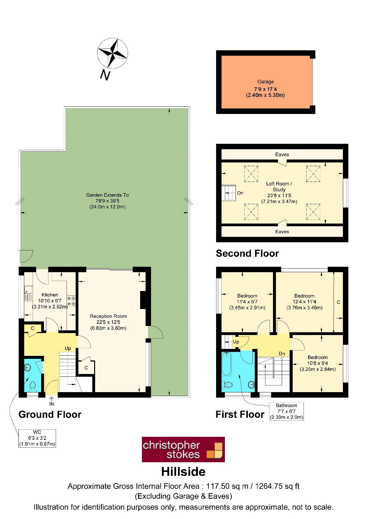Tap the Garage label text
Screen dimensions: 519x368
coord(265,82)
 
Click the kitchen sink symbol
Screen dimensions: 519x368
coord(28,293)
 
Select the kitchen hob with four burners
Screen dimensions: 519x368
coord(71,301)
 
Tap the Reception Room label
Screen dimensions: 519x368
coord(108,316)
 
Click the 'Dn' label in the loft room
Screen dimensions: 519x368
coord(240,193)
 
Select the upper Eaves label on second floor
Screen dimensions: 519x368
coord(282,154)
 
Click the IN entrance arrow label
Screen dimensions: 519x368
coord(51,404)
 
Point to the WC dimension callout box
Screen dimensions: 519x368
coord(37,438)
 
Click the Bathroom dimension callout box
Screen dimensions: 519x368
coord(286,411)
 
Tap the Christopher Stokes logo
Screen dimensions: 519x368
coord(183,449)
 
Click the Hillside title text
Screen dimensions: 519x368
coord(183,472)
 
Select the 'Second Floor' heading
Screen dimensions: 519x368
coord(247,253)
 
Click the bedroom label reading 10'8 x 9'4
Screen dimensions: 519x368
coord(317,363)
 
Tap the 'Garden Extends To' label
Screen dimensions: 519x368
coord(107,195)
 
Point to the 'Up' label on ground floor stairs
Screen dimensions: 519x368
coord(68,348)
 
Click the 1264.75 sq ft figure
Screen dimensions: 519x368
coord(277,486)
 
